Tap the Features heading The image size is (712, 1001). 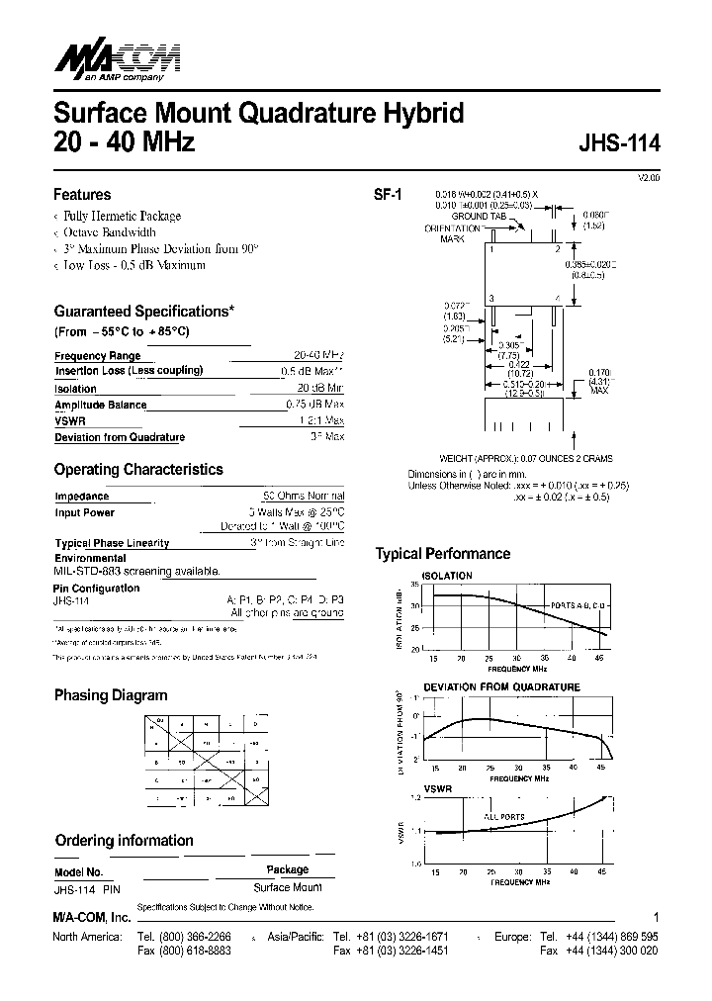(x=82, y=195)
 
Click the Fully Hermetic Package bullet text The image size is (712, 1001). (x=123, y=216)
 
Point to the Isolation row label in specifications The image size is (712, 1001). (x=75, y=389)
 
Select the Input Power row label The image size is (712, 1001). (x=84, y=512)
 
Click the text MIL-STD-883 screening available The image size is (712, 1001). (x=135, y=572)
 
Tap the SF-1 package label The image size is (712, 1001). (x=387, y=196)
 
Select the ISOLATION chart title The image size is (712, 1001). (x=447, y=576)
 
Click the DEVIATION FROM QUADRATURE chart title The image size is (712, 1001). (x=501, y=686)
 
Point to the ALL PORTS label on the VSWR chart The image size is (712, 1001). (x=504, y=817)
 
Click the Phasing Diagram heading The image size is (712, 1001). (x=110, y=695)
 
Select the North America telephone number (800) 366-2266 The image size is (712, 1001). (x=197, y=936)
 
